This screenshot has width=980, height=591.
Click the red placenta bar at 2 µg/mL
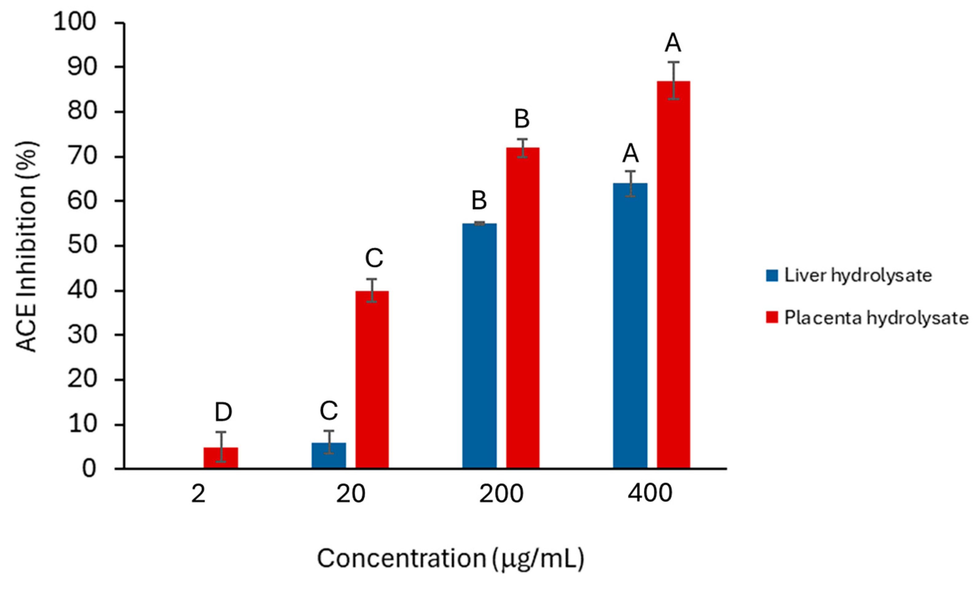pos(221,458)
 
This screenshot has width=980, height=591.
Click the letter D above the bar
pos(223,412)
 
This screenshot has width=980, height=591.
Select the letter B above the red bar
pos(522,119)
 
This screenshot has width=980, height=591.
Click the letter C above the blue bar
pos(329,410)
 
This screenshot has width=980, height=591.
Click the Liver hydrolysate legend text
pos(858,275)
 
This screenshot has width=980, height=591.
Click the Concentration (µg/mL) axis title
pos(451,558)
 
